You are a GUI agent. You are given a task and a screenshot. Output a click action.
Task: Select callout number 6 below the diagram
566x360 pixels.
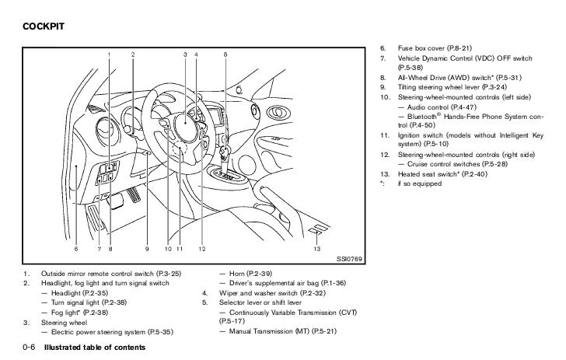point(76,248)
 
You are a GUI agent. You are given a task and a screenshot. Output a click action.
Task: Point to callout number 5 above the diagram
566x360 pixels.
point(225,54)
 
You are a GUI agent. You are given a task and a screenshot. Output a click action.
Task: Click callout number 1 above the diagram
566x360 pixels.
point(109,54)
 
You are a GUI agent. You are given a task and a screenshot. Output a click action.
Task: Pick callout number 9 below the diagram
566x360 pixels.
point(146,248)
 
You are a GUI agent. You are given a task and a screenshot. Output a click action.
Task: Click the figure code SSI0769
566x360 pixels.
point(348,258)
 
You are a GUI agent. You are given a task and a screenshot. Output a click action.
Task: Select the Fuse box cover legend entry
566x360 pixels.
point(435,47)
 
